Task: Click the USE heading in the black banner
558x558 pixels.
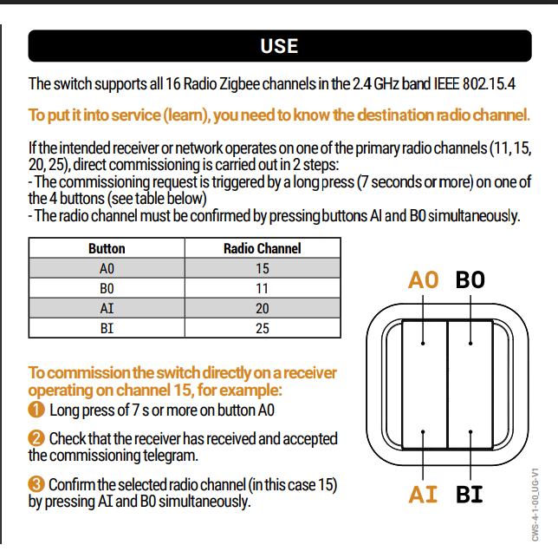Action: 279,46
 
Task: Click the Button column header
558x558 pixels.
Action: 107,248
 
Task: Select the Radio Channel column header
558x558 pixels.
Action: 262,248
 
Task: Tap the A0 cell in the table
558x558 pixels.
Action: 107,268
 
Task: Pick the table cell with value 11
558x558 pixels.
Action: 262,288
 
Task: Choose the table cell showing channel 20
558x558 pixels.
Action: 262,308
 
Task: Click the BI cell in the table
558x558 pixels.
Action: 107,328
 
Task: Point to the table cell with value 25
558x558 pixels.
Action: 262,328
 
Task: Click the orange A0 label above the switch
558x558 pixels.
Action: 425,279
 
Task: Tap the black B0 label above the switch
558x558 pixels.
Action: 470,279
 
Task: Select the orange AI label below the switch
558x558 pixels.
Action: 425,495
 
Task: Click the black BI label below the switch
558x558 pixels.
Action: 470,495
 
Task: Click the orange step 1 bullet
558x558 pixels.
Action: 36,410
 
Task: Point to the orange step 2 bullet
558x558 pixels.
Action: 36,439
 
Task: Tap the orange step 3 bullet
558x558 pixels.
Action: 36,484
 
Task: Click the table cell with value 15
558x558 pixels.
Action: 262,268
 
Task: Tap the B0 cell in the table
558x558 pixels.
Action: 107,288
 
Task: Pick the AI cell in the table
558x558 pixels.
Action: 107,308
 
